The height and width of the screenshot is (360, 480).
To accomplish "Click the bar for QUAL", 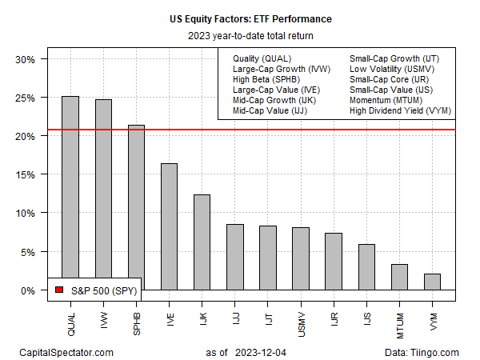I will [70, 193].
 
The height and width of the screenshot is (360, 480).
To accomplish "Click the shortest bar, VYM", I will [432, 282].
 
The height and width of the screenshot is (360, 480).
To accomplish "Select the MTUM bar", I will [399, 277].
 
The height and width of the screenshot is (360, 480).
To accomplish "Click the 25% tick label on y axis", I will [25, 98].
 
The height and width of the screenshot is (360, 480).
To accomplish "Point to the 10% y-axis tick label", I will [25, 214].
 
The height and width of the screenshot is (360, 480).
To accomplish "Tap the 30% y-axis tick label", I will [25, 60].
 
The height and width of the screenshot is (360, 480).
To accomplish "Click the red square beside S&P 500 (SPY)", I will [58, 289].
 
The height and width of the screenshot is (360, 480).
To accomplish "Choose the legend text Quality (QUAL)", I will [262, 59].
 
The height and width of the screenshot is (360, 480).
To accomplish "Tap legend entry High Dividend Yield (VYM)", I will [398, 110].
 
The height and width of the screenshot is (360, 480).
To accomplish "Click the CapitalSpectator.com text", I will [67, 352].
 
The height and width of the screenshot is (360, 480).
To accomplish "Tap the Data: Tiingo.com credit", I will [421, 352].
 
